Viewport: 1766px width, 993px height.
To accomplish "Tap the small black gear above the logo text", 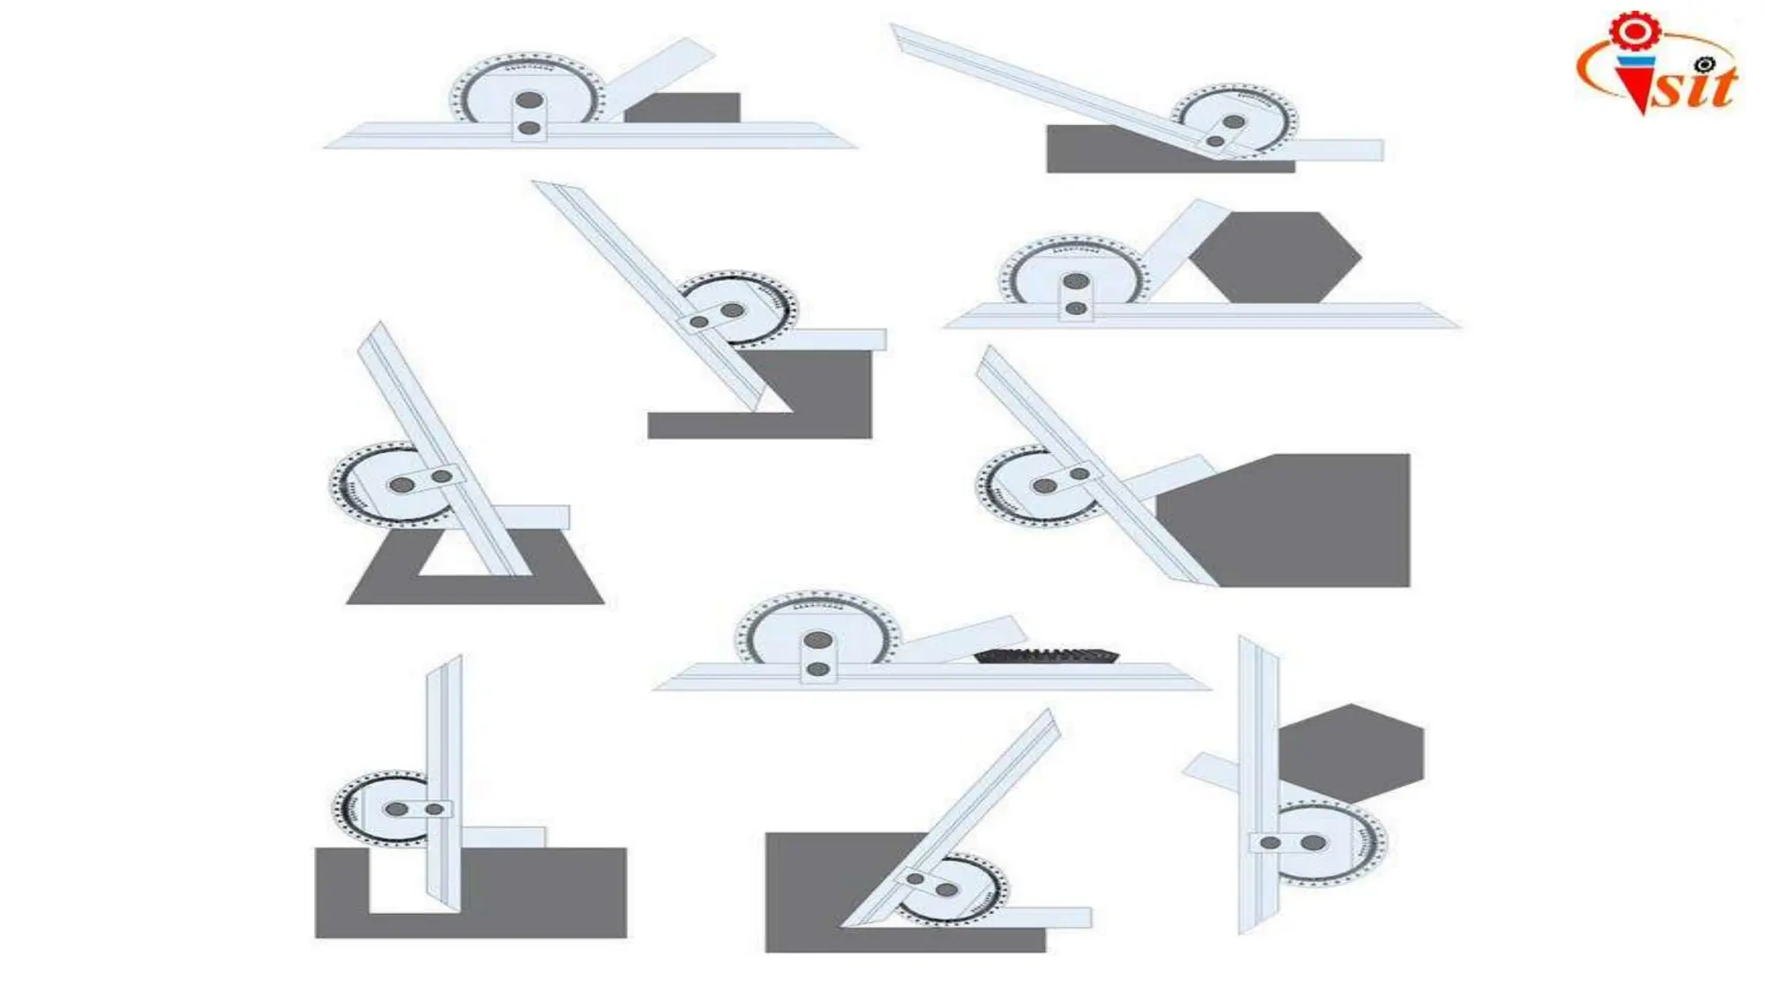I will (1704, 65).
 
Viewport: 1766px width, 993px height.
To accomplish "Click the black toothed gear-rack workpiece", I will (1047, 655).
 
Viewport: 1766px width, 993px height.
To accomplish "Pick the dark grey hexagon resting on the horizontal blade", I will (1274, 257).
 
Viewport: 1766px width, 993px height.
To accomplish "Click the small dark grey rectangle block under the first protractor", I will (682, 107).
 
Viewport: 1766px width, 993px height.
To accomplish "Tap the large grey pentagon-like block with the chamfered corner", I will (1293, 526).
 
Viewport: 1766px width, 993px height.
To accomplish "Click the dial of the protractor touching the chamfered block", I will (1030, 485).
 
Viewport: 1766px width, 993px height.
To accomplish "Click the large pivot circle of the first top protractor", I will (529, 100).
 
